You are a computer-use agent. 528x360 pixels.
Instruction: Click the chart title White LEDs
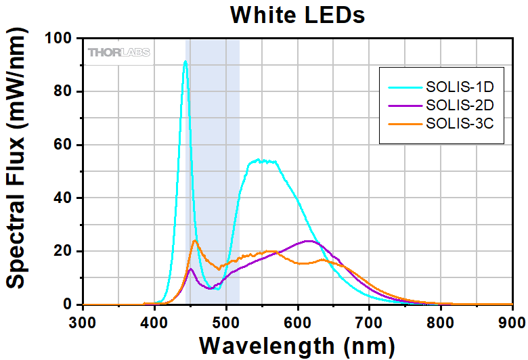[298, 14]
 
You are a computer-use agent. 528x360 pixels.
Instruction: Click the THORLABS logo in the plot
[118, 52]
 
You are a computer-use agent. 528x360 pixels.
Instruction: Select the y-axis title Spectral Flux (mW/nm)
[18, 172]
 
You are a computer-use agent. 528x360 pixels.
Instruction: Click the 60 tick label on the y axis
[65, 145]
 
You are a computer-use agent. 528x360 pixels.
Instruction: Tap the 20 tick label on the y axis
[65, 251]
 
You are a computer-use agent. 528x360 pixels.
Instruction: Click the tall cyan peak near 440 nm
[185, 62]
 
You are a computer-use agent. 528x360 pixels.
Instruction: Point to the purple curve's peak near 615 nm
[309, 241]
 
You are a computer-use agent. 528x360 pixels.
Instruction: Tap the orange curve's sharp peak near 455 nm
[195, 240]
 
